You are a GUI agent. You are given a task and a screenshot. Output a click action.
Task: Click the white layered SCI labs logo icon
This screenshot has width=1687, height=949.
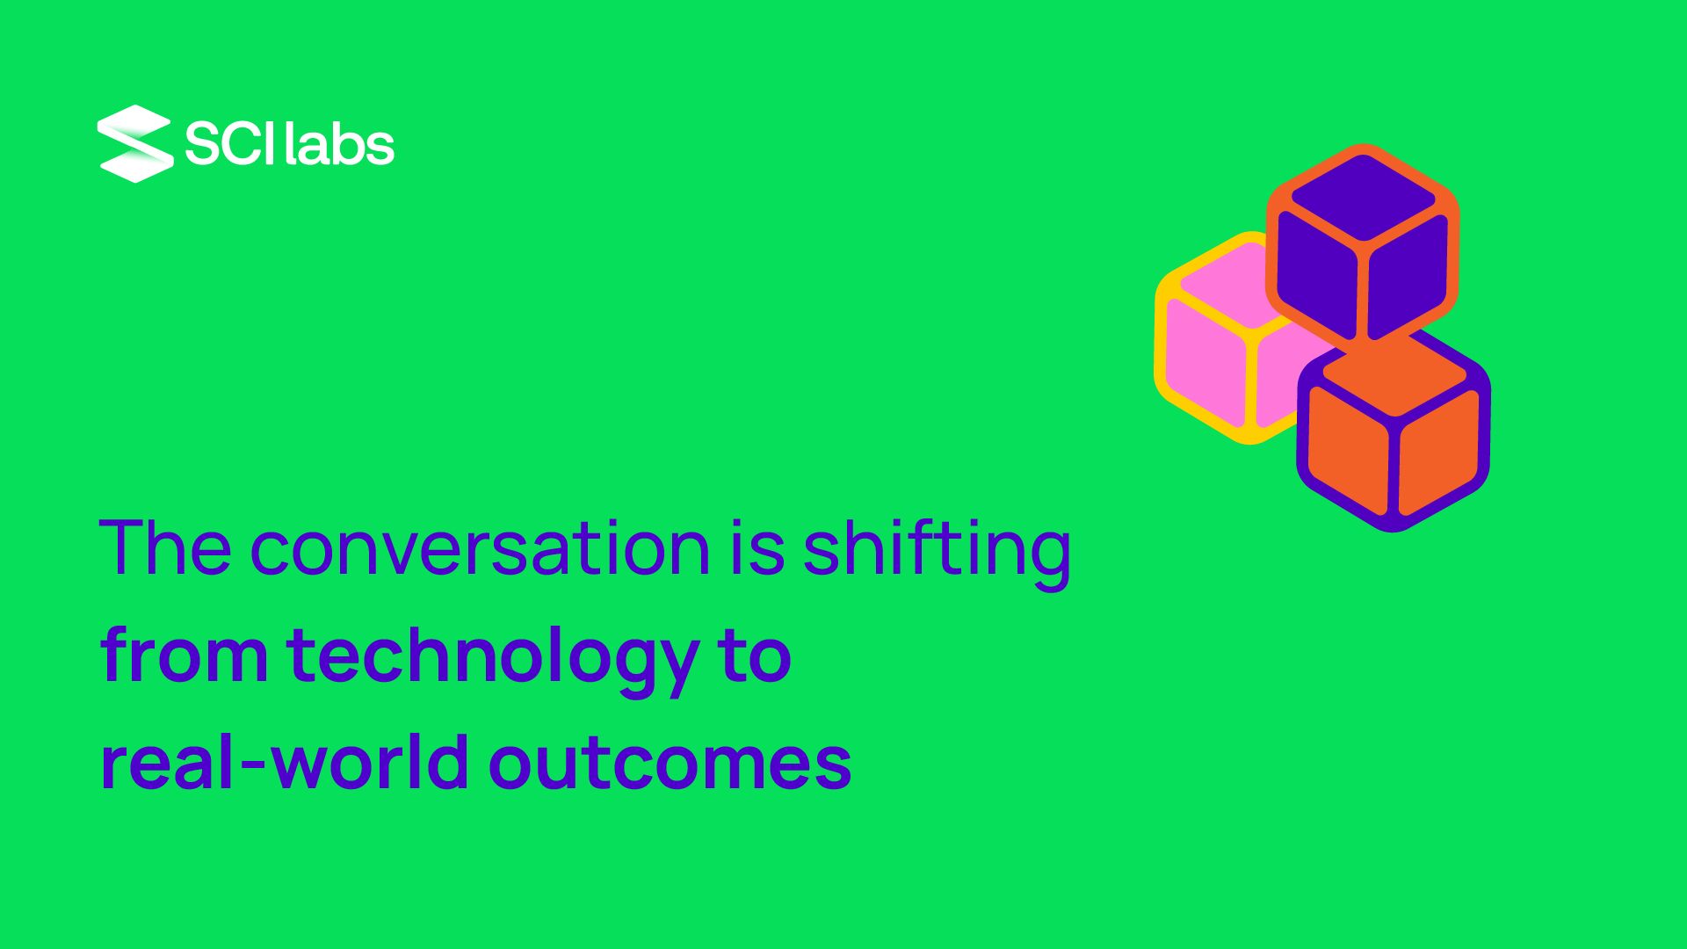(135, 143)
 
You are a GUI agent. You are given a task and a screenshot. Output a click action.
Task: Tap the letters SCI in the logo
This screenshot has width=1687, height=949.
(228, 143)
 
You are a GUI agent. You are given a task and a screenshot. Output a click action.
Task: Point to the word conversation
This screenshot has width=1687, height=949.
(481, 548)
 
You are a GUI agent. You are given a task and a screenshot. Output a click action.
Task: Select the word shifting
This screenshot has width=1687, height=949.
(937, 554)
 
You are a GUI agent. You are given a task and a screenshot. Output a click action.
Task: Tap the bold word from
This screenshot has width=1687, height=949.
(185, 655)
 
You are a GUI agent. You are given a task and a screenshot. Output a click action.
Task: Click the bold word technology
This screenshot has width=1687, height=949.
(493, 661)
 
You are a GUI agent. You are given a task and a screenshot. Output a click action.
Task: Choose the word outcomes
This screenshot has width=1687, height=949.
(670, 763)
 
